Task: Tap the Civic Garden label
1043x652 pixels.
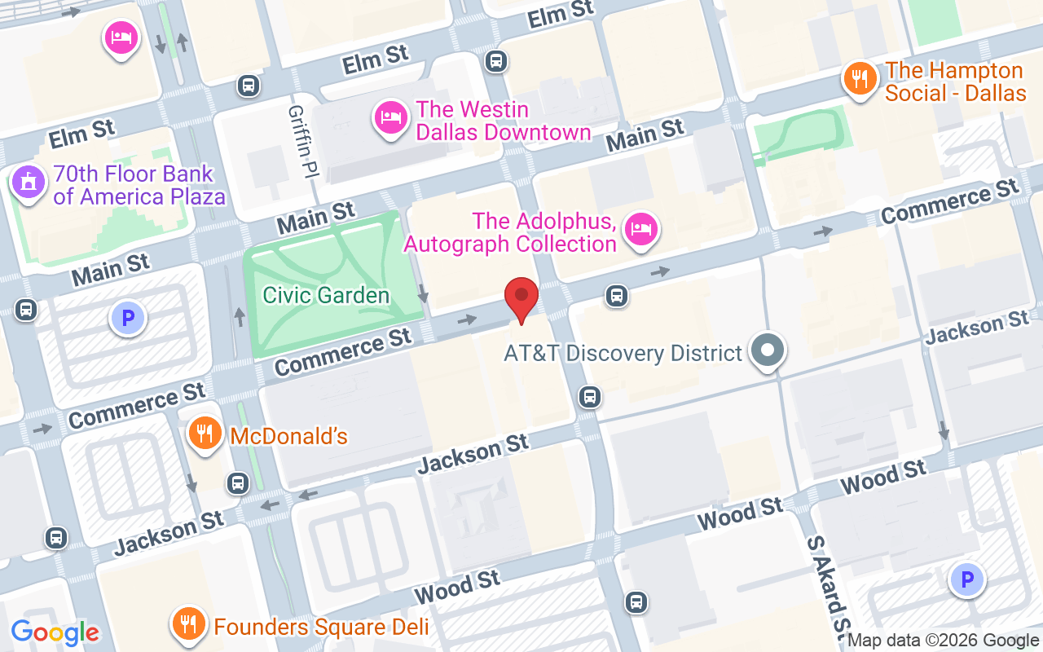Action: (326, 295)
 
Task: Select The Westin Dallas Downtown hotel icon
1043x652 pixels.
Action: (390, 118)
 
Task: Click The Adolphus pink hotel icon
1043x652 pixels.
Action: (641, 229)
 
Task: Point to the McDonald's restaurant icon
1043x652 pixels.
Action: (205, 434)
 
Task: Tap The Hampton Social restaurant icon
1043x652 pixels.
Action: (859, 79)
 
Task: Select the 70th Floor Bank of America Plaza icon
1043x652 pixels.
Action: (29, 183)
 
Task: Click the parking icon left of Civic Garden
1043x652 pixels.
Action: (128, 319)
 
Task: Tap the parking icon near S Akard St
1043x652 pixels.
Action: (967, 580)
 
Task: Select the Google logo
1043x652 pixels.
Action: (55, 632)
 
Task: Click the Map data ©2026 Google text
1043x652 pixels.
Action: (944, 641)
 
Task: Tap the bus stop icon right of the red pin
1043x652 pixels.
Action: (617, 296)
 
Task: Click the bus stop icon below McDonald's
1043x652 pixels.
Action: (238, 482)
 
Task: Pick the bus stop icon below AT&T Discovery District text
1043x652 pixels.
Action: (590, 397)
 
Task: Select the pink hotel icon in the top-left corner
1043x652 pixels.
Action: (121, 37)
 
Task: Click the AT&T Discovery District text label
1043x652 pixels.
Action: (623, 353)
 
